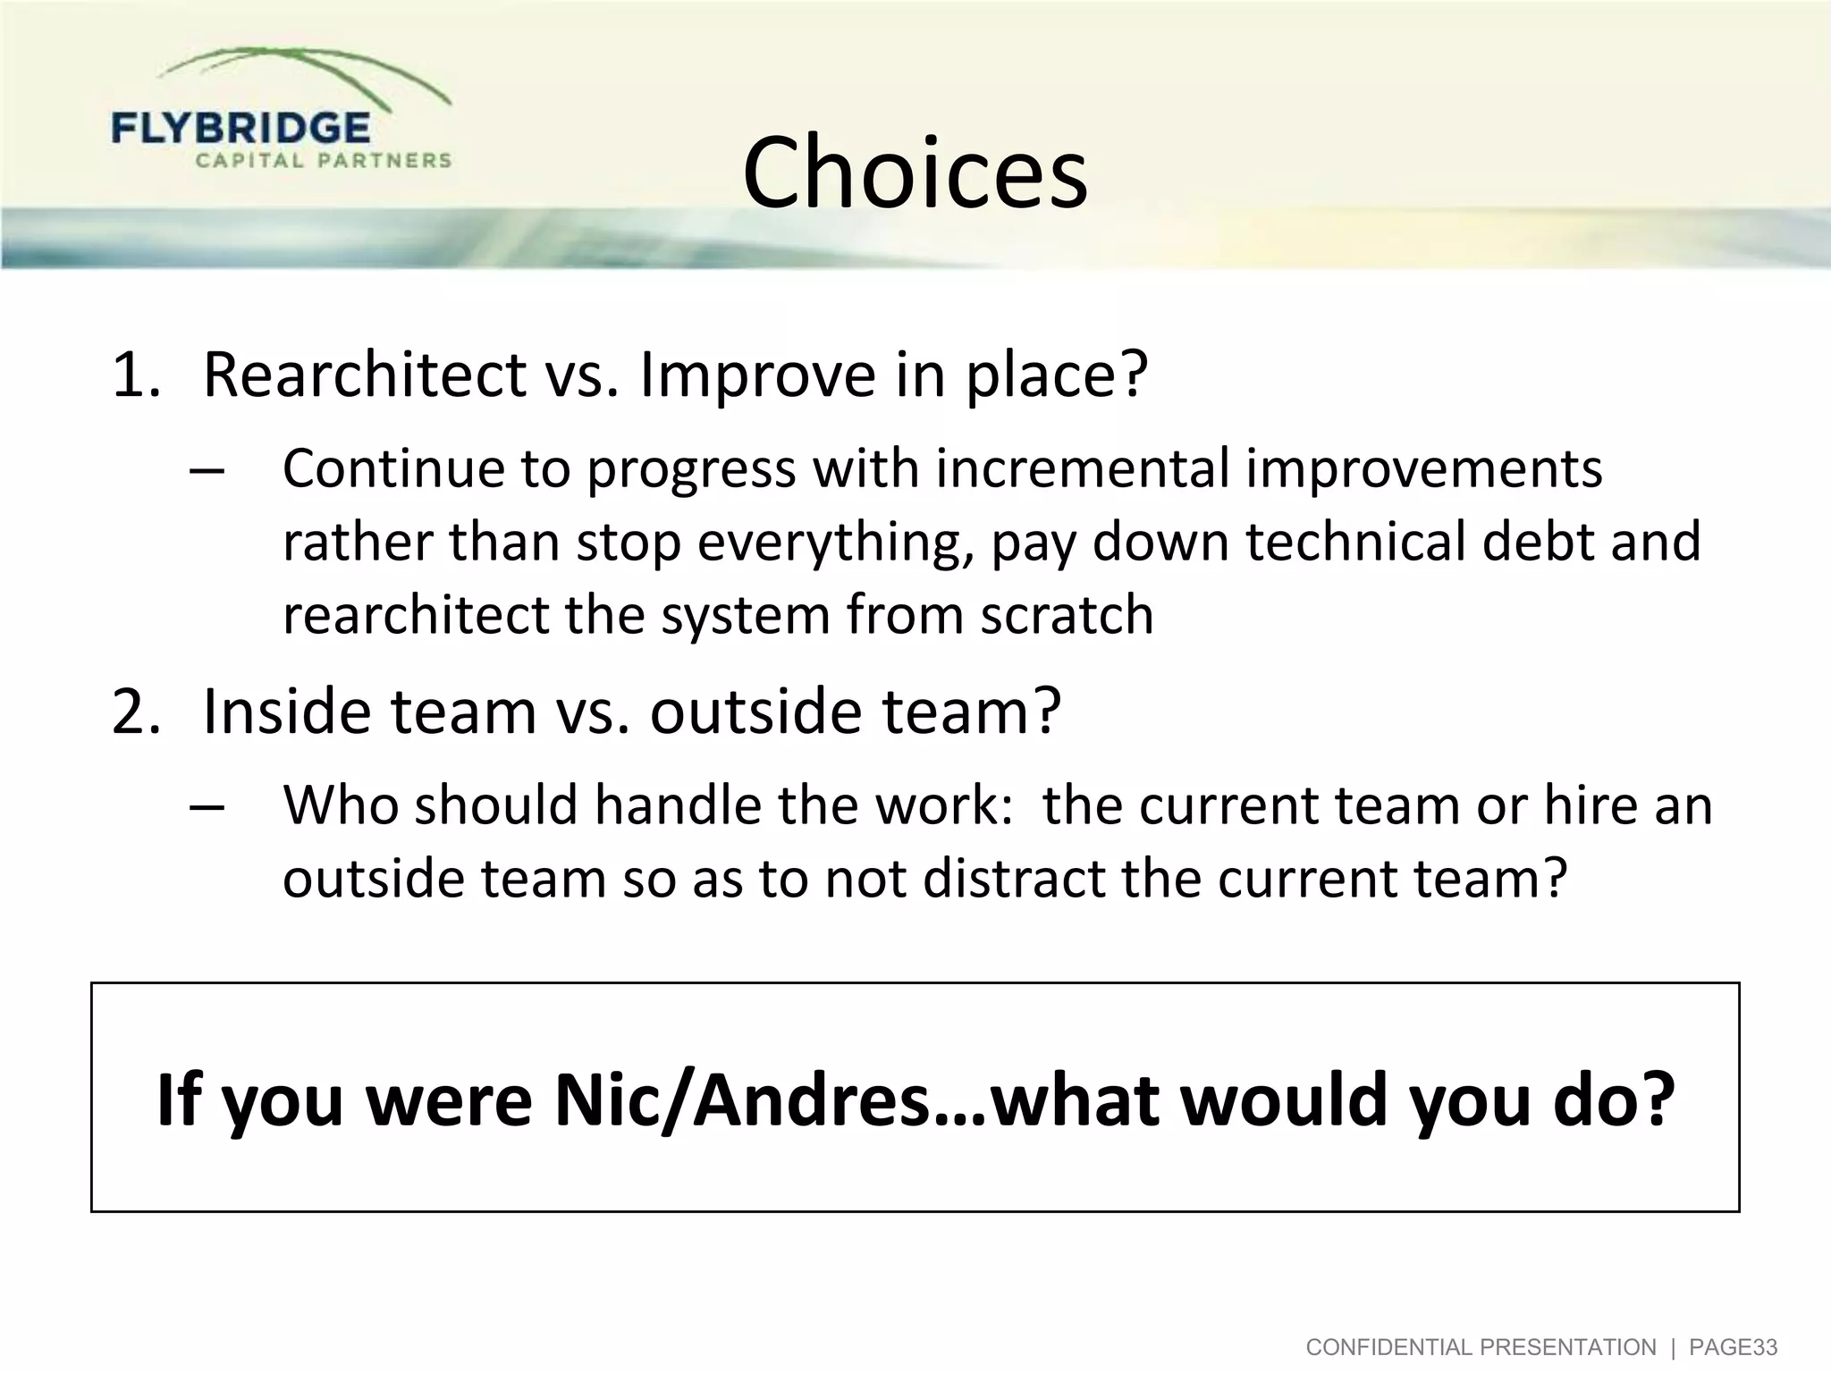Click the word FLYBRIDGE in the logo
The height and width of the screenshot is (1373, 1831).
coord(240,129)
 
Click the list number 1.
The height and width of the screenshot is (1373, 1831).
coord(134,375)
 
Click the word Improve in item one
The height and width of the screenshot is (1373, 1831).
coord(757,375)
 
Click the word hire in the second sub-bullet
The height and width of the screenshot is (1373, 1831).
coord(1588,805)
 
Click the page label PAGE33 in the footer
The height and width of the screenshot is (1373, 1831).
coord(1733,1347)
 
